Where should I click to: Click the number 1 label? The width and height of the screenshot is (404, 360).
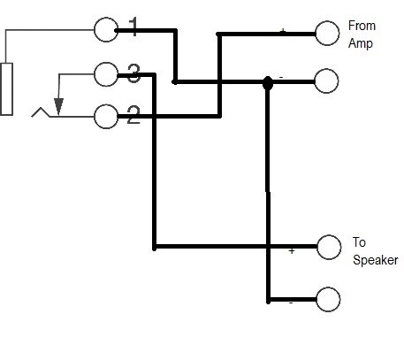pos(134,27)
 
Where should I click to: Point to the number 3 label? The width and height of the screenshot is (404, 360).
pos(133,73)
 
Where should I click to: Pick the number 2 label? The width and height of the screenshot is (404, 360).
pos(133,115)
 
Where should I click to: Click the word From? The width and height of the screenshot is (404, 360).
pos(362,26)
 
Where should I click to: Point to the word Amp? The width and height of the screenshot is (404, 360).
pos(361,43)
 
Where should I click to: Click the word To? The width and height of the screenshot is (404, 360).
pos(359,242)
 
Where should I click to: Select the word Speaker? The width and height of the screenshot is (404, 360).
pos(376,260)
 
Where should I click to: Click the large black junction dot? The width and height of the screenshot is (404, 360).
pos(268,83)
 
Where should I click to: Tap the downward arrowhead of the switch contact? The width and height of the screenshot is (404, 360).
pos(58,107)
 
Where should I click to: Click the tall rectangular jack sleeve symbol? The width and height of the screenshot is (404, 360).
pos(6,88)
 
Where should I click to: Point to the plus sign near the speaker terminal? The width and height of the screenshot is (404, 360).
pos(292,251)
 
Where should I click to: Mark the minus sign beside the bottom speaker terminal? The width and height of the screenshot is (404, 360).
pos(291,303)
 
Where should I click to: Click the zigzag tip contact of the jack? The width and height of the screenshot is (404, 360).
pos(42,112)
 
